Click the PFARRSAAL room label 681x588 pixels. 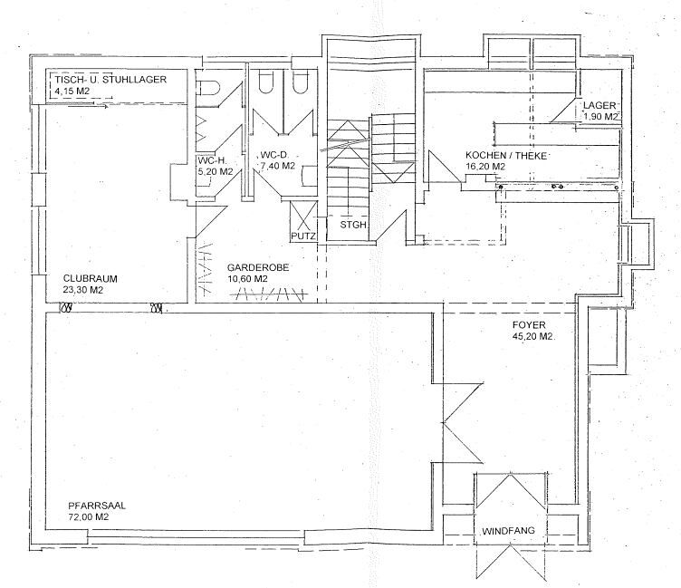pyautogui.click(x=97, y=506)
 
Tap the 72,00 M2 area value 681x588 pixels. pyautogui.click(x=89, y=517)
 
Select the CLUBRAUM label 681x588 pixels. pyautogui.click(x=91, y=278)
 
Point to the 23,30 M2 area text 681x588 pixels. pyautogui.click(x=83, y=290)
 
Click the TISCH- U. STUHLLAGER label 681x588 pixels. pyautogui.click(x=110, y=80)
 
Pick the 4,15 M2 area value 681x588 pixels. pyautogui.click(x=72, y=91)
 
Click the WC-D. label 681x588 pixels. pyautogui.click(x=274, y=154)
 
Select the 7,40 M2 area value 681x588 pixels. pyautogui.click(x=277, y=166)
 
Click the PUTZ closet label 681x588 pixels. pyautogui.click(x=303, y=236)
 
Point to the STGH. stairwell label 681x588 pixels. pyautogui.click(x=353, y=225)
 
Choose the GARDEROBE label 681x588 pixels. pyautogui.click(x=258, y=267)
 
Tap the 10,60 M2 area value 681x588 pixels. pyautogui.click(x=247, y=279)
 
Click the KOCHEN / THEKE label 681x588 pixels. pyautogui.click(x=506, y=155)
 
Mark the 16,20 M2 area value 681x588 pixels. pyautogui.click(x=485, y=167)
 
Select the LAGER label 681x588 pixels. pyautogui.click(x=599, y=105)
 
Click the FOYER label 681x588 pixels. pyautogui.click(x=529, y=324)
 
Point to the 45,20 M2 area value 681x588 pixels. pyautogui.click(x=533, y=336)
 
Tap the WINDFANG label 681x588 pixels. pyautogui.click(x=509, y=531)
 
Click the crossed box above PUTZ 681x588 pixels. pyautogui.click(x=303, y=216)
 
